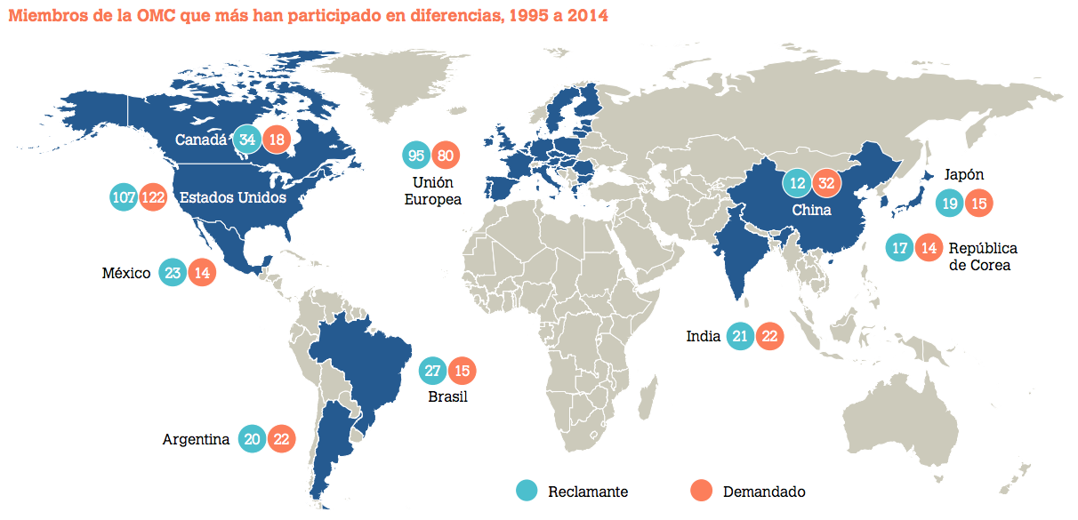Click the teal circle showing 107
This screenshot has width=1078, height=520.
(x=125, y=197)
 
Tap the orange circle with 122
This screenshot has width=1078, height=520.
(x=153, y=197)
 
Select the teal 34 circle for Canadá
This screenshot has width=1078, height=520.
(x=247, y=140)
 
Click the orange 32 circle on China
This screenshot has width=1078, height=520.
(x=826, y=183)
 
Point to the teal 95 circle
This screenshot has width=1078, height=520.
(x=415, y=156)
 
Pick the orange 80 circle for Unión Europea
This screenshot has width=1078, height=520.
(x=446, y=156)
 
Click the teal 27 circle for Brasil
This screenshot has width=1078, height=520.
(x=432, y=371)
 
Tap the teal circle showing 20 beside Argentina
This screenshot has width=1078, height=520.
(x=252, y=439)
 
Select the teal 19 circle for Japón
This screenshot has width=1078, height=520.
(x=950, y=204)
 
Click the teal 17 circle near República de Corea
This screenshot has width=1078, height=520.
(x=900, y=248)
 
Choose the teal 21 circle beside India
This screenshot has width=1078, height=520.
(x=740, y=336)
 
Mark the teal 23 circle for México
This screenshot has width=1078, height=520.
(x=173, y=273)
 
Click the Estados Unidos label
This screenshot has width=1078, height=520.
(x=233, y=197)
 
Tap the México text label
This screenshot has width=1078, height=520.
(x=126, y=273)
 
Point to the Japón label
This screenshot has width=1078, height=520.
(x=964, y=175)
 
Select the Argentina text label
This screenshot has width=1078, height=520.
(x=196, y=439)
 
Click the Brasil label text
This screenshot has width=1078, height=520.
(x=447, y=397)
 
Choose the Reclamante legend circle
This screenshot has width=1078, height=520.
(x=527, y=490)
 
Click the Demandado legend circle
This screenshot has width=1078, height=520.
(x=702, y=490)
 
